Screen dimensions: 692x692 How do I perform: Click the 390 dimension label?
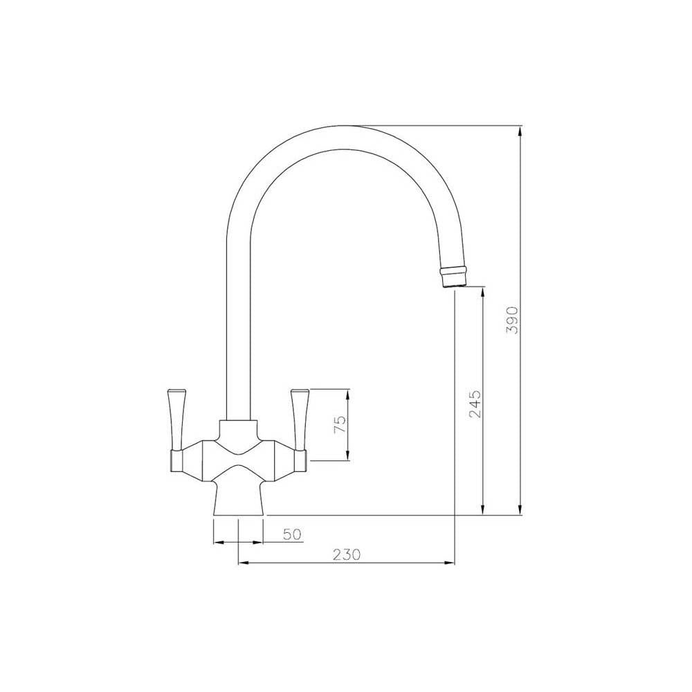coord(512,319)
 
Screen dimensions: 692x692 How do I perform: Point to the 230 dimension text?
coord(347,554)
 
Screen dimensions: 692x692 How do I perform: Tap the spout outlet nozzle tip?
coord(453,277)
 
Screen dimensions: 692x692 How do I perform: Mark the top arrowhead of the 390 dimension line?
coord(521,129)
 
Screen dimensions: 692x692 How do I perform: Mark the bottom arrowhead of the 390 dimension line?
coord(521,511)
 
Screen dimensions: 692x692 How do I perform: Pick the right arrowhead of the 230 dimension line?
coord(451,563)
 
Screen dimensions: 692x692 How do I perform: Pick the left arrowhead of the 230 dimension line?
coord(242,563)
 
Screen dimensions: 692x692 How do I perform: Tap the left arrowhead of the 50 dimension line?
coord(217,542)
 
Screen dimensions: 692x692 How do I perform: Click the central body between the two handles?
coord(239,453)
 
